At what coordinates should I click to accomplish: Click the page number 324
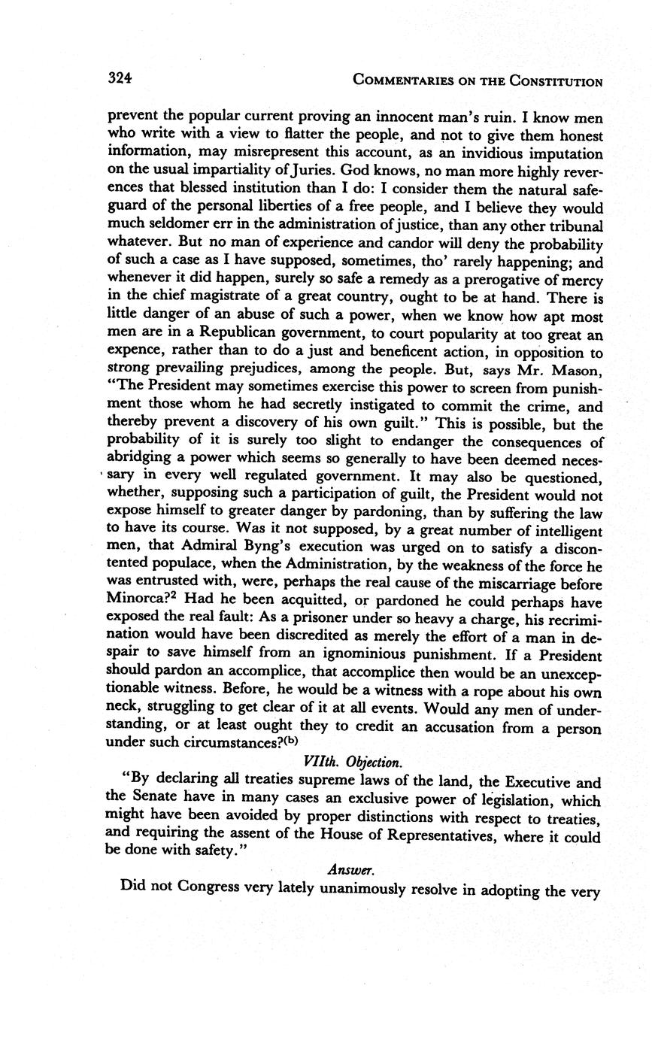pos(120,78)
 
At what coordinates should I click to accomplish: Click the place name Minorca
pos(140,602)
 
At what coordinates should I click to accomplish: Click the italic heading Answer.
pos(350,869)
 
